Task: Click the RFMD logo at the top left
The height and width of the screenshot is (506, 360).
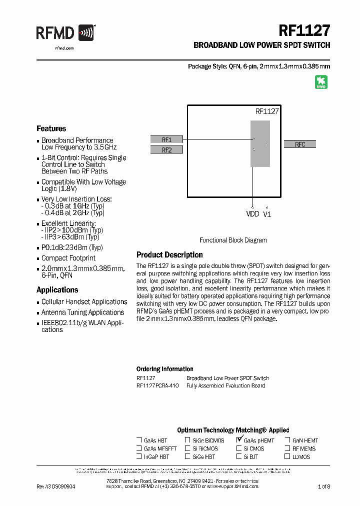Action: point(65,33)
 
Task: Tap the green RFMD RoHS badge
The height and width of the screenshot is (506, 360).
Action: point(321,82)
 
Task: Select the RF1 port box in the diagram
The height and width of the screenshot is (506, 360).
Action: point(166,140)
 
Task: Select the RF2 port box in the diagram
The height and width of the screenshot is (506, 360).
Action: point(166,149)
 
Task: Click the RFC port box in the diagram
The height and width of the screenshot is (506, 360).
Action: point(300,144)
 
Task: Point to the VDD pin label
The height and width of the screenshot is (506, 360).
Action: point(253,214)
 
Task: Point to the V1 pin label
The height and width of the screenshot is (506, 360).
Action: point(267,214)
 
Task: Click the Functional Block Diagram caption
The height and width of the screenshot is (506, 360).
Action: point(233,240)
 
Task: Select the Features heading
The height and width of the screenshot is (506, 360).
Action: point(51,128)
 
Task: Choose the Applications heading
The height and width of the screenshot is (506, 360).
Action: point(57,290)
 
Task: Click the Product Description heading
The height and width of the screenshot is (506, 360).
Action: point(169,255)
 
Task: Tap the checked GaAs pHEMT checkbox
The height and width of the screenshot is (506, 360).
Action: point(239,440)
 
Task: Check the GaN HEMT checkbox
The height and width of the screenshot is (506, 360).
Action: point(287,440)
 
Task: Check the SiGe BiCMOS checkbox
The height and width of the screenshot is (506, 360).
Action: point(187,440)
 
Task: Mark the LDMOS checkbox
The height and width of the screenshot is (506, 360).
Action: point(287,456)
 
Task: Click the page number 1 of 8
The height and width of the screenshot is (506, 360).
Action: point(323,486)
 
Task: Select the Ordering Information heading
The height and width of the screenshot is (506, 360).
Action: point(164,369)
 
